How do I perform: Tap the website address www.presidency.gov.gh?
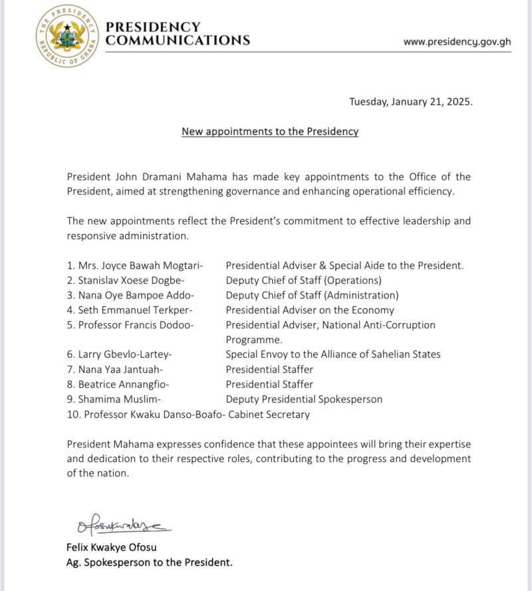(457, 41)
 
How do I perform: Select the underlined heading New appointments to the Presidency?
(270, 132)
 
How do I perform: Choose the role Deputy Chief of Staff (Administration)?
(312, 295)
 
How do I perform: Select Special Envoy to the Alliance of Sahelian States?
(332, 354)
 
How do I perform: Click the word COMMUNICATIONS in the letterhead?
(178, 41)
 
